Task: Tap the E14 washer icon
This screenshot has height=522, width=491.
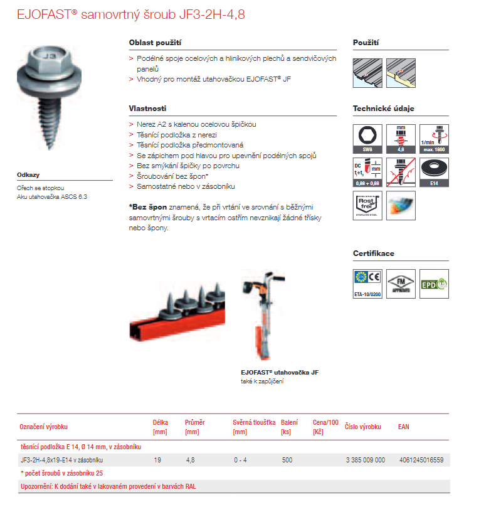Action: point(433,172)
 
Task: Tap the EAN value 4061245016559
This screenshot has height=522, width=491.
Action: point(421,460)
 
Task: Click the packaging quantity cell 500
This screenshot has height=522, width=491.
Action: point(287,460)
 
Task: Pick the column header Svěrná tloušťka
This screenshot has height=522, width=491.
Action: point(254,422)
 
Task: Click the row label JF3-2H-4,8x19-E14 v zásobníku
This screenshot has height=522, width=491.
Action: point(62,460)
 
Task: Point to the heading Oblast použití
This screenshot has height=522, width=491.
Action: point(155,43)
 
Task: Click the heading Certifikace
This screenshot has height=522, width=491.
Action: point(374,253)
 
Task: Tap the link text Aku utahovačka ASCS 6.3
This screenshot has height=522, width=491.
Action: point(52,197)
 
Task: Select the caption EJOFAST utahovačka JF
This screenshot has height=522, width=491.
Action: point(280,373)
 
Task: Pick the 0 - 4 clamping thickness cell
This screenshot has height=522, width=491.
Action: point(240,460)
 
